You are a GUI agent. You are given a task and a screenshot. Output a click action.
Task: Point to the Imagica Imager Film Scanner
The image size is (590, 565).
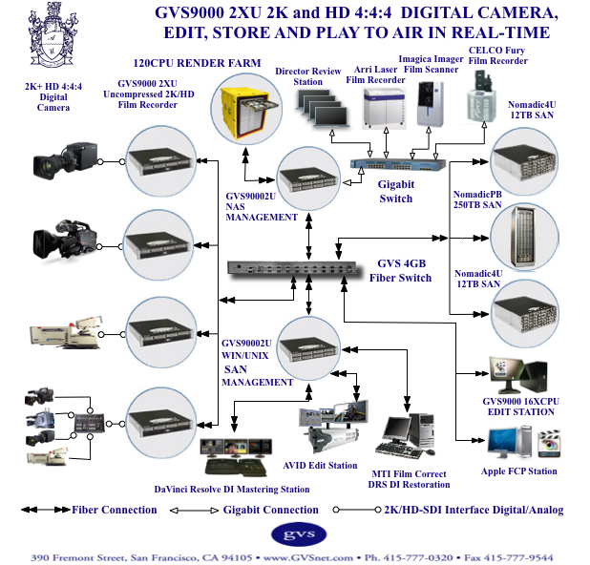[432, 107]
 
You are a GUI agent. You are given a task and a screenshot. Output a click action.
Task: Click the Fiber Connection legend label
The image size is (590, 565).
[115, 510]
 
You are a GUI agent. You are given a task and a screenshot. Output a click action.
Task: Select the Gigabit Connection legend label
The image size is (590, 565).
[270, 510]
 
